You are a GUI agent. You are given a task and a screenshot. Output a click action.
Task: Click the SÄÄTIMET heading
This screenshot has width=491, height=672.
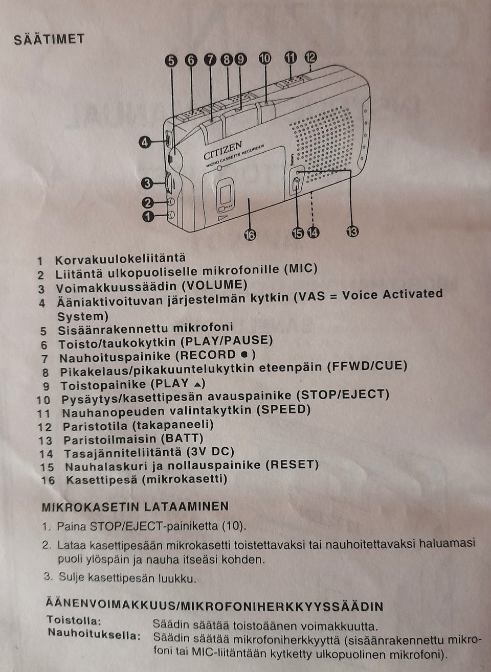pos(49,39)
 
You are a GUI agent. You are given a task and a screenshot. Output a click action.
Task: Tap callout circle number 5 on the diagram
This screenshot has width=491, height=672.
pos(171,61)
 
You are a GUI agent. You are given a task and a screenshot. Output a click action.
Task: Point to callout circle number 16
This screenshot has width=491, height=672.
pos(250,235)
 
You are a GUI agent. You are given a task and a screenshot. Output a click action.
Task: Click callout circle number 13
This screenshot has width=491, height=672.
pos(352,231)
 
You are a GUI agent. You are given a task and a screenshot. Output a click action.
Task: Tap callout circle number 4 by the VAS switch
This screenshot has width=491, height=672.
pos(145,142)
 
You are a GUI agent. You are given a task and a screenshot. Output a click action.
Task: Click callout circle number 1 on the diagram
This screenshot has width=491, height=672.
pos(148,216)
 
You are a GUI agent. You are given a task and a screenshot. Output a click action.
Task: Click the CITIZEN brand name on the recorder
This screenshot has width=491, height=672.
pos(222,151)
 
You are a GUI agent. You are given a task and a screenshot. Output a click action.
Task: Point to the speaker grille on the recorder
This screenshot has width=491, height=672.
pos(322,141)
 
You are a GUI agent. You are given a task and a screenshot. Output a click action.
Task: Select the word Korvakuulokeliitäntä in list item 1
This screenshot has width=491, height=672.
pos(120,259)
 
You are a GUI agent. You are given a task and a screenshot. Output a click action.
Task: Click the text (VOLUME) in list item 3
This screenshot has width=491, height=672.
pos(214,285)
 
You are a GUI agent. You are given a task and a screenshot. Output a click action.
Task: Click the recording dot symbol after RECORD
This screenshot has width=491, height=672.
pos(244,355)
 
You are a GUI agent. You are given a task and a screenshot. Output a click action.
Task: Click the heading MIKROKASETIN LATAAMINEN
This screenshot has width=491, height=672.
pos(135,507)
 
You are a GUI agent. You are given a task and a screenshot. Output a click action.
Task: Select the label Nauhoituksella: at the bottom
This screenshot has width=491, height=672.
pos(94,635)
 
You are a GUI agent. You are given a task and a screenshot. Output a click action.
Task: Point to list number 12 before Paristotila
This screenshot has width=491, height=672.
pos(45,427)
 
